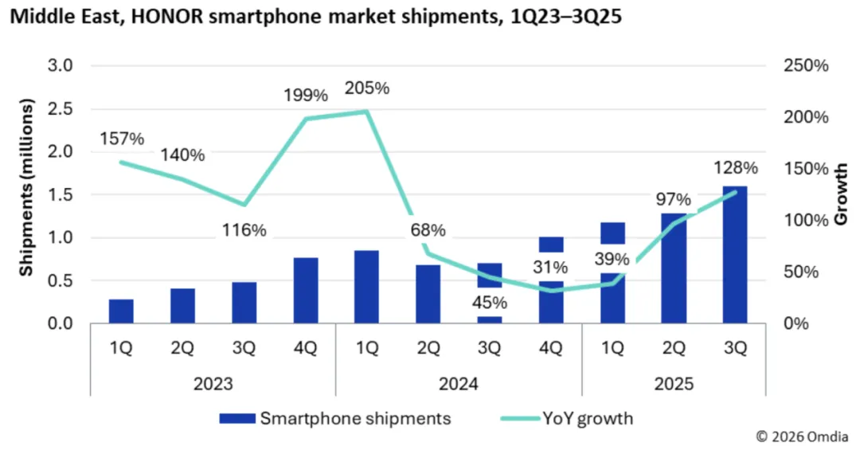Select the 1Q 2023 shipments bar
[121, 311]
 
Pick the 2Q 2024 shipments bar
[428, 294]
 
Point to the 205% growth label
[368, 88]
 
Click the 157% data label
[122, 139]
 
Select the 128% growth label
[736, 168]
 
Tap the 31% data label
[551, 267]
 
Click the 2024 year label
[458, 384]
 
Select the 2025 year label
[674, 384]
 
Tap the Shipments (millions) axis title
[27, 189]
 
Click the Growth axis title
[841, 195]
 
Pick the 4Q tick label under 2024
[551, 348]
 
